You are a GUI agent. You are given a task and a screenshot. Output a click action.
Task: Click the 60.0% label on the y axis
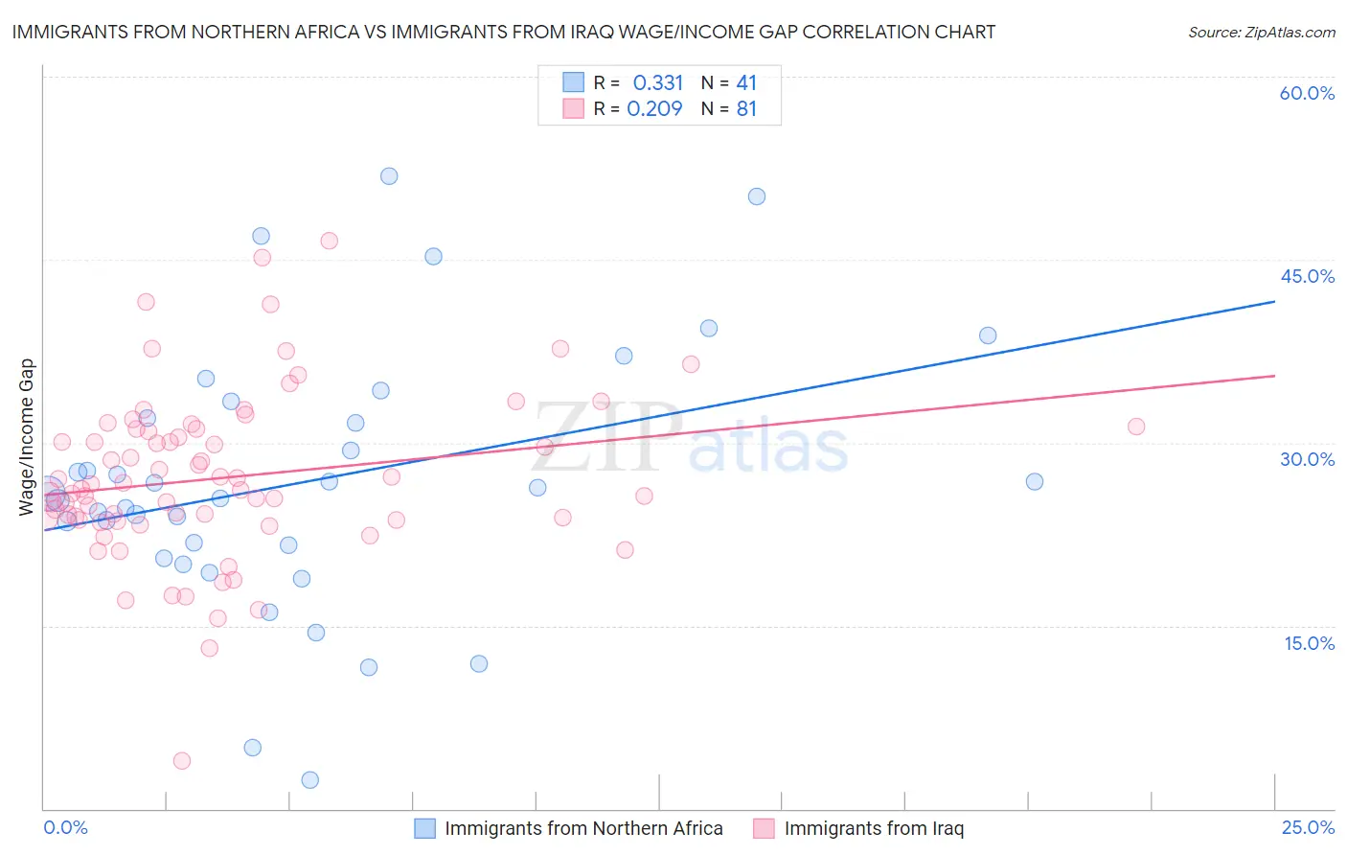1307,93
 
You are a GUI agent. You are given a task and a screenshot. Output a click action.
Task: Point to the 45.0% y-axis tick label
1307,276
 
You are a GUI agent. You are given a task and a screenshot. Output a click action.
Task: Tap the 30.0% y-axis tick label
1307,459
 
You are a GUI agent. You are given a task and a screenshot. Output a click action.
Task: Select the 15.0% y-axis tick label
1309,643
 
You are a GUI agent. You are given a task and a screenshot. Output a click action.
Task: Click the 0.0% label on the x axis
65,827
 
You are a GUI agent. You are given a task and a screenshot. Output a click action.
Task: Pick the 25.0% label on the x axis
1308,827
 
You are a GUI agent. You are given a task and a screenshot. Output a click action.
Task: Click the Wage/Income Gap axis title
27,437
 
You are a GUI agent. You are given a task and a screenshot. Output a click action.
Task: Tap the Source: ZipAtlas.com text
1261,32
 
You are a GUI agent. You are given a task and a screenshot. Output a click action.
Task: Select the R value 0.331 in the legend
657,82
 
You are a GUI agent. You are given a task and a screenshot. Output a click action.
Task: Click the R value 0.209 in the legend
654,108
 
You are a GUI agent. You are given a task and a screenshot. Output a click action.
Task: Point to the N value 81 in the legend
746,108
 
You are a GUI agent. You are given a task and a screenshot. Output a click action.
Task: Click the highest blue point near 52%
389,176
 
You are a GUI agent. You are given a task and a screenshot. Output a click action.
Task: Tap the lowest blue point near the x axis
309,780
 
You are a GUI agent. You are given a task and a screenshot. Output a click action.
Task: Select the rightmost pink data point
1136,427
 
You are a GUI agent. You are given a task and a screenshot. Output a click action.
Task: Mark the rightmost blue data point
1035,481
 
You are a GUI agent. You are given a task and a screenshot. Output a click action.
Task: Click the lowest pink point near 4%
182,761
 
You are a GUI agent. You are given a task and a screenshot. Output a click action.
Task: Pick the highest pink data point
329,241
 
